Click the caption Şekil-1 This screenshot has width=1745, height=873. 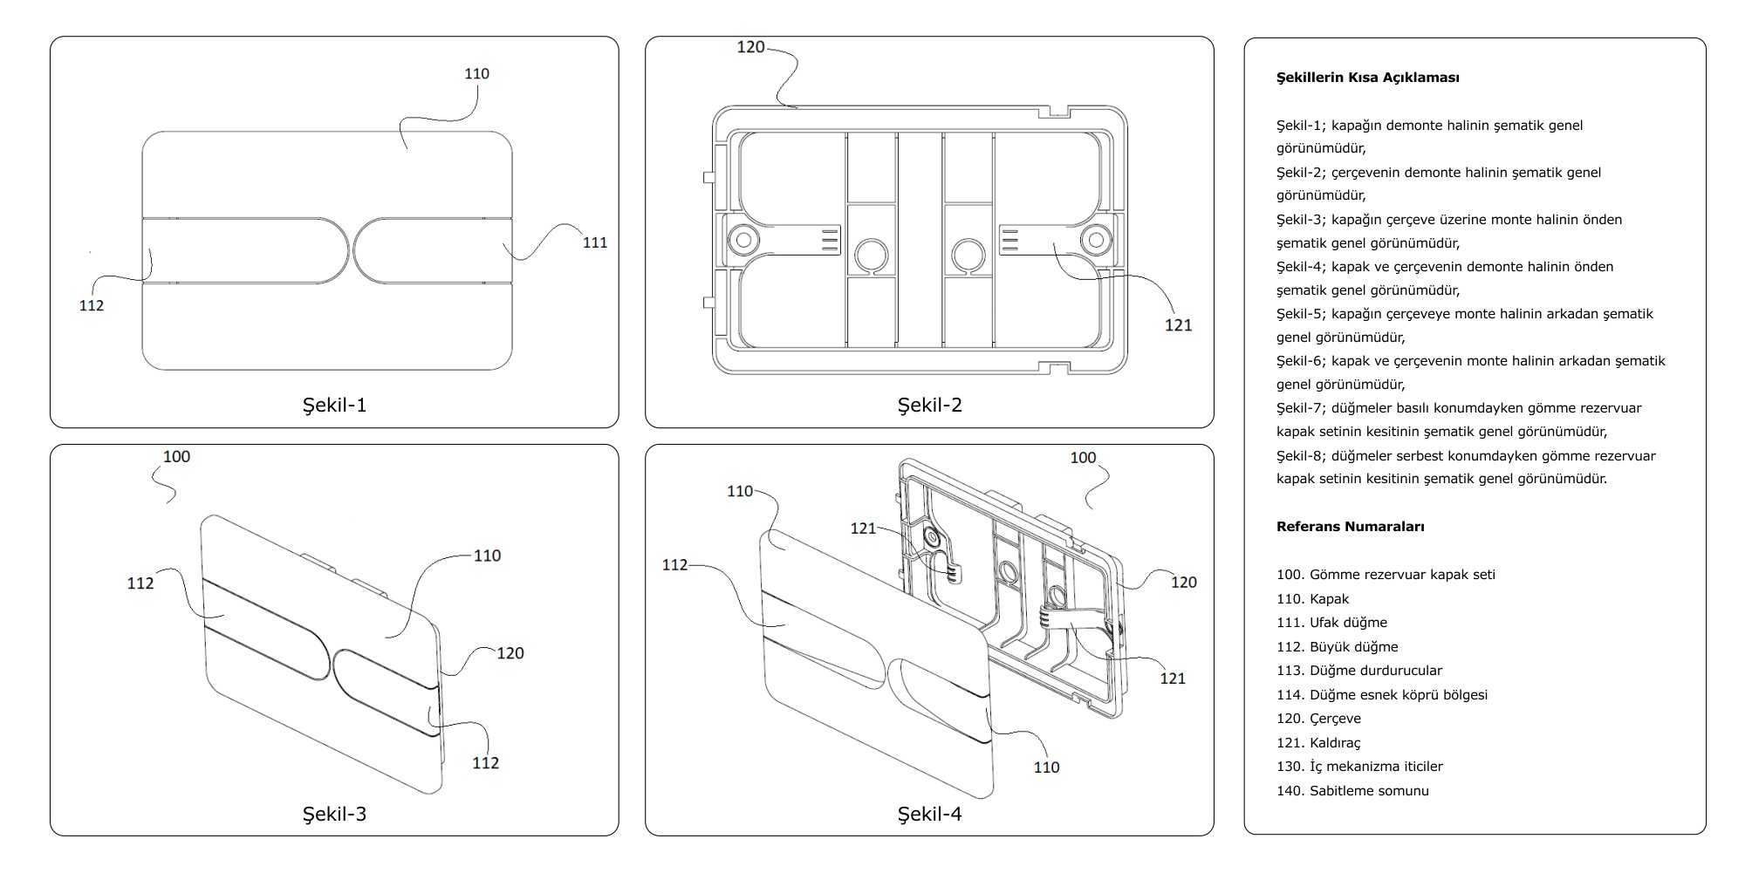coord(334,405)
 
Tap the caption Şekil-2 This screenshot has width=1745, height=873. coord(929,405)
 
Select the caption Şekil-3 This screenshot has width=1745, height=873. coord(334,814)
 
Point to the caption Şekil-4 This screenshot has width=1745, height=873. coord(929,814)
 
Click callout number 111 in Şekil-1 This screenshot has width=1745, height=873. coord(595,242)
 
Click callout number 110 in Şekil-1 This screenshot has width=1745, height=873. coord(476,74)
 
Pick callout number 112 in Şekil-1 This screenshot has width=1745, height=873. coord(92,305)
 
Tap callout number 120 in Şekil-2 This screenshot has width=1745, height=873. coord(750,47)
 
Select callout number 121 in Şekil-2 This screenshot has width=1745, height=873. coord(1178,325)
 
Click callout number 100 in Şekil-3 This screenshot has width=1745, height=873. coord(176,456)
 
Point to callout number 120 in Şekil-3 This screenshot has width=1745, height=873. coord(510,653)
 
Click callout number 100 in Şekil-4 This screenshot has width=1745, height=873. coord(1083,457)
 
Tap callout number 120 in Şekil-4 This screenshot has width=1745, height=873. coord(1183,583)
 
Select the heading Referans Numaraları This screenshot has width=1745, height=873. coord(1350,527)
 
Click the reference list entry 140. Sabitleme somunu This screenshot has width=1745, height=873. coord(1352,791)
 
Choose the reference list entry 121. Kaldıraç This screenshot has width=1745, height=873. coord(1317,743)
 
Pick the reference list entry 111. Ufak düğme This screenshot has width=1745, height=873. coord(1331,623)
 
